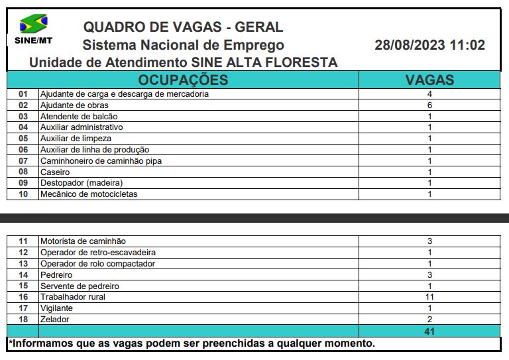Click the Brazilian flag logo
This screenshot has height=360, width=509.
click(33, 25)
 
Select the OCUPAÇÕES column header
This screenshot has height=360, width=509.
click(182, 80)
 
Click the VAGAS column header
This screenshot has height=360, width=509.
click(429, 80)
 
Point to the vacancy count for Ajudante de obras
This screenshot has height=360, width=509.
click(429, 105)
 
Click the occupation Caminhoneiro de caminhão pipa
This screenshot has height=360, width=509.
click(101, 161)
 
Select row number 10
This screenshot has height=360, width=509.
click(23, 194)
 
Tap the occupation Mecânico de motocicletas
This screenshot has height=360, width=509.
click(89, 194)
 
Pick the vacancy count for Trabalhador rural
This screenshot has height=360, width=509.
click(429, 297)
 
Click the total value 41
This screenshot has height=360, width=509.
click(429, 331)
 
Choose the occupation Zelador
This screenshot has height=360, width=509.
click(54, 320)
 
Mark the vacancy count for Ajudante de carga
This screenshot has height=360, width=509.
click(429, 94)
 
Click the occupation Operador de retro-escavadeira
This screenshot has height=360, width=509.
click(98, 253)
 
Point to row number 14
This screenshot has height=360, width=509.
click(23, 274)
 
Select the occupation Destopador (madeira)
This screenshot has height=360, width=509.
click(82, 183)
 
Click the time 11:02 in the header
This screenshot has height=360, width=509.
click(467, 46)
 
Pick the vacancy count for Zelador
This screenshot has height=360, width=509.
click(429, 320)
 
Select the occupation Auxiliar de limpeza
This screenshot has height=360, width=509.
click(76, 139)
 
